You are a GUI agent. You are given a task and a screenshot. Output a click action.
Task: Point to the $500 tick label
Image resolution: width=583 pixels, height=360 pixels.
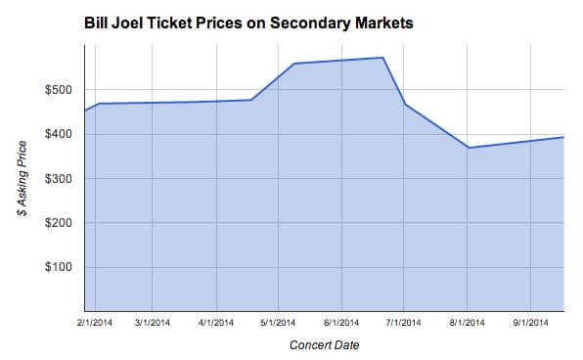58,89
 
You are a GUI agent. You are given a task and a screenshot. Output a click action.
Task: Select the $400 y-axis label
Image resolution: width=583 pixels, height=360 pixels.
58,134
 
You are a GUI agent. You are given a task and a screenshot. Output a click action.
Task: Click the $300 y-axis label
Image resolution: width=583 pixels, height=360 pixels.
58,178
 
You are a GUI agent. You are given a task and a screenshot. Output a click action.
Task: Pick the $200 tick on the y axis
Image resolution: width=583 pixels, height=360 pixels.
58,223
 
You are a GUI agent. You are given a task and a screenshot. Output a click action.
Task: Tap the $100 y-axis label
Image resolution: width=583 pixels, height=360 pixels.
58,267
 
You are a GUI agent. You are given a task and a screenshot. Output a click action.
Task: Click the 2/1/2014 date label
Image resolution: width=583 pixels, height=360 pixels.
96,320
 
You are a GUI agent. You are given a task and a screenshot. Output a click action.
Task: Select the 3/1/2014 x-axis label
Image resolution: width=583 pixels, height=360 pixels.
153,320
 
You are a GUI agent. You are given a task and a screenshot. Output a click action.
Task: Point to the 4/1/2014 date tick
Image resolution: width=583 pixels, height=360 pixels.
216,320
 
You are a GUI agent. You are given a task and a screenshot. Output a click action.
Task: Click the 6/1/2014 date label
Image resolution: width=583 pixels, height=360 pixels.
341,320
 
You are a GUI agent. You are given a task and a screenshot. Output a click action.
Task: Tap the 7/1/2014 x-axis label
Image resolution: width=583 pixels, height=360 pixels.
403,320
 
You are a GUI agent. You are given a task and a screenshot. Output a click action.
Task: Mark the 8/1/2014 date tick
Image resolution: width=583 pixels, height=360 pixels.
467,320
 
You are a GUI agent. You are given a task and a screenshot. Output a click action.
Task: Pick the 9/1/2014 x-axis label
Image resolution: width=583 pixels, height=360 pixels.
530,320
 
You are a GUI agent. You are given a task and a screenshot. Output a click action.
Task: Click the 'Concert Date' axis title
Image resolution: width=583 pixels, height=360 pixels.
323,344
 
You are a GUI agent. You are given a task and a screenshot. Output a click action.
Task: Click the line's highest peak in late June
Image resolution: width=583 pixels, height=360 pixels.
382,58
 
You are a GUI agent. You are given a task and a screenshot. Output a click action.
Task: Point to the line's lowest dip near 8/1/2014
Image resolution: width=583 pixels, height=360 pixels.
469,148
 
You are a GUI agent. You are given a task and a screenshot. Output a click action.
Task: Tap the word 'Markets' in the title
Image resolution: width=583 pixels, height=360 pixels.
393,22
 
